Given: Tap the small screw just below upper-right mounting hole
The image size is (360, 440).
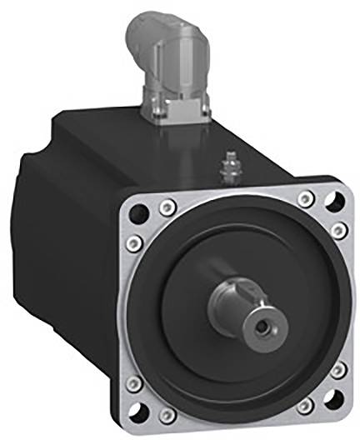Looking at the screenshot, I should (337, 228).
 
